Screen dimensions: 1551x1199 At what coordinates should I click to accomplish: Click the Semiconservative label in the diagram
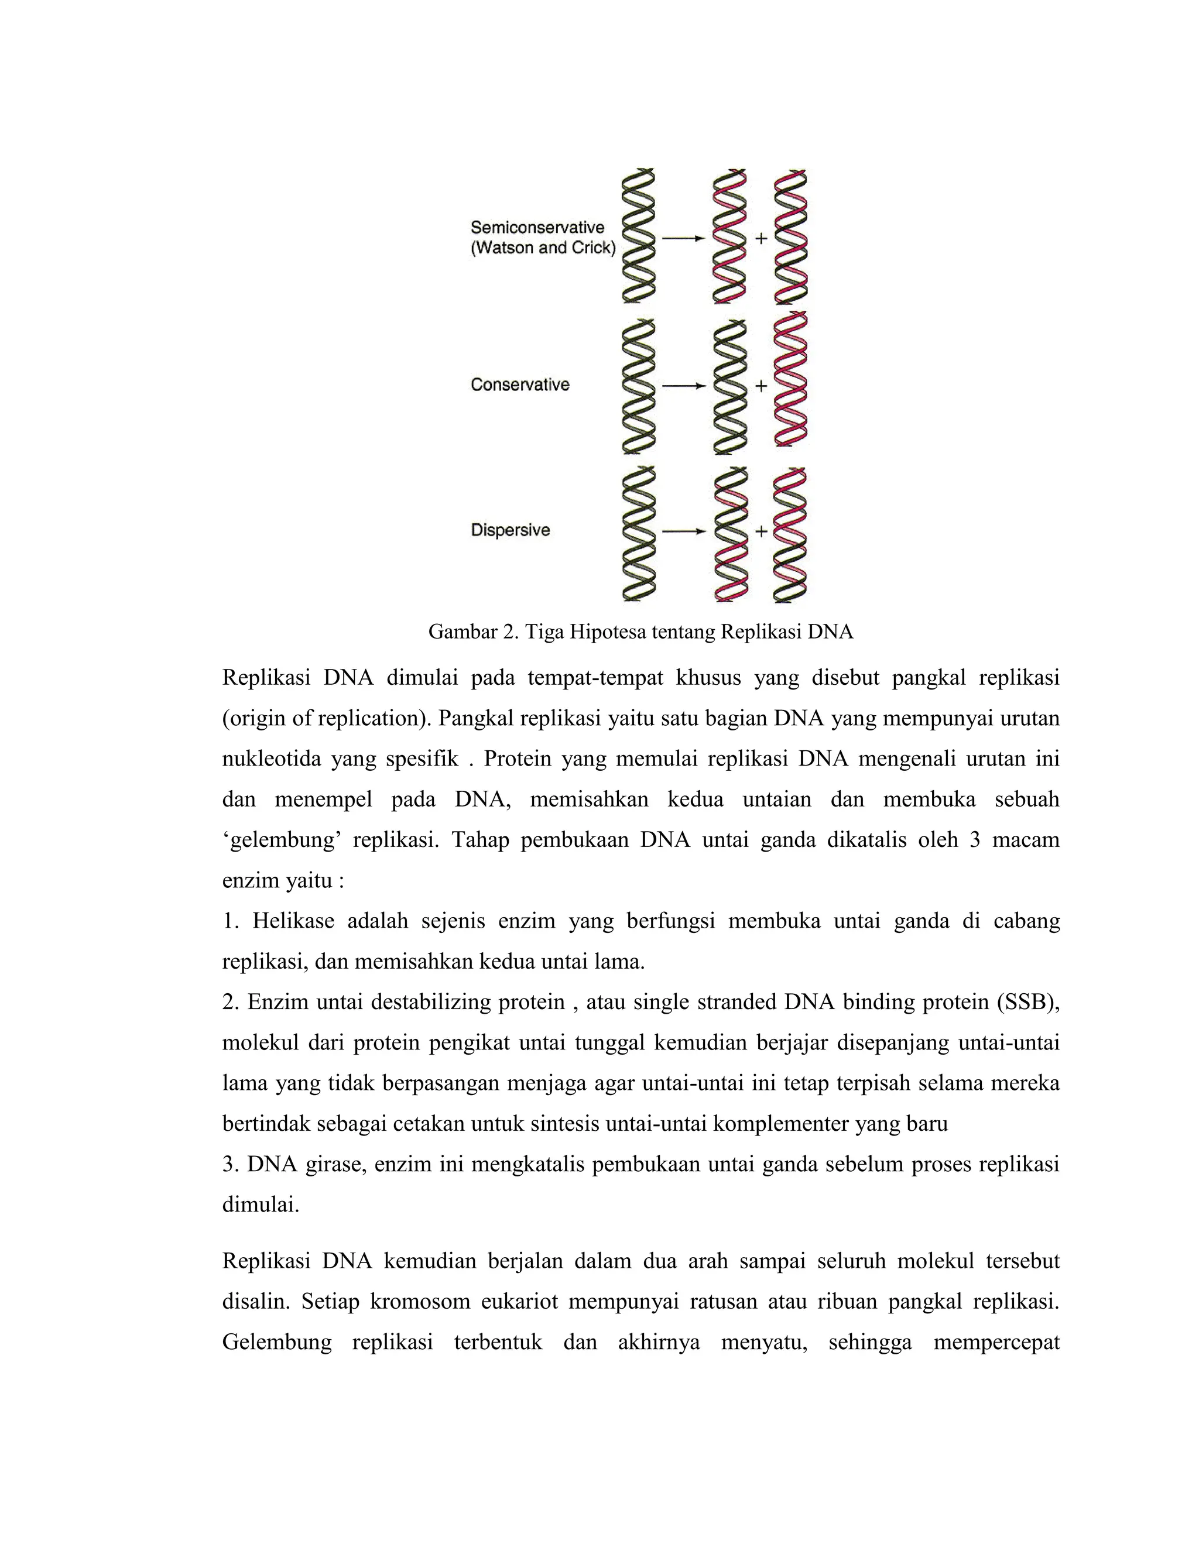(x=537, y=227)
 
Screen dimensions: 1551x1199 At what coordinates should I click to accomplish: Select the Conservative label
(x=520, y=385)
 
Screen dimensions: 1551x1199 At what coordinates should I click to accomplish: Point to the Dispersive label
(x=510, y=530)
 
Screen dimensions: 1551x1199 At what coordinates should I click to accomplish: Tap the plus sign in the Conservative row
(x=760, y=386)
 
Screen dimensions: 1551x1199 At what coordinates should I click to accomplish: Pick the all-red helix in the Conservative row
(x=790, y=380)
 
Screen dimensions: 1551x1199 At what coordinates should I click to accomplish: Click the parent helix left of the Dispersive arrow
(x=639, y=534)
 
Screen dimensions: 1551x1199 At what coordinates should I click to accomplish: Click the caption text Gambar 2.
(x=473, y=632)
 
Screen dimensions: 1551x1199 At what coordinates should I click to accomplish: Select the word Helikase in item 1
(x=293, y=922)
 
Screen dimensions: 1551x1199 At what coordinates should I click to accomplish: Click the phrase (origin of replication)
(x=327, y=719)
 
